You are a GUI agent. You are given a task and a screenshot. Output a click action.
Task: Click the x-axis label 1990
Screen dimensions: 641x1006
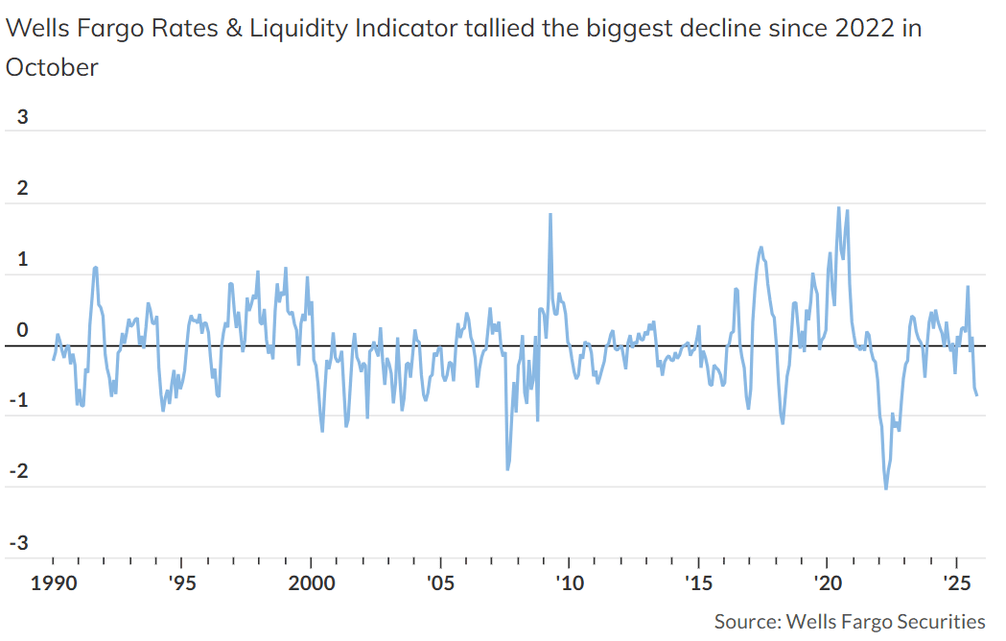click(x=53, y=583)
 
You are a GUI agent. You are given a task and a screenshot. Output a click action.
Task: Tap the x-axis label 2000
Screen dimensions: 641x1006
click(x=311, y=583)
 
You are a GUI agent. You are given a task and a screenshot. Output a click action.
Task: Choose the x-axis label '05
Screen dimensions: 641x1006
click(x=440, y=583)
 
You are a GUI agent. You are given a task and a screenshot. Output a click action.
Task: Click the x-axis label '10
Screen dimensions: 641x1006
click(x=570, y=583)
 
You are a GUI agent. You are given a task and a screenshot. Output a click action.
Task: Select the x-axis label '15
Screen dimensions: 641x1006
click(x=699, y=583)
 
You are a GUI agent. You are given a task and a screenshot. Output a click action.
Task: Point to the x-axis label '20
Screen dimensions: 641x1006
click(x=828, y=583)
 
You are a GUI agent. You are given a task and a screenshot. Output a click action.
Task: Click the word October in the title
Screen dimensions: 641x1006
click(x=52, y=67)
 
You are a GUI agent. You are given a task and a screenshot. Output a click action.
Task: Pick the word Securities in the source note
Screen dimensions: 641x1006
click(x=937, y=621)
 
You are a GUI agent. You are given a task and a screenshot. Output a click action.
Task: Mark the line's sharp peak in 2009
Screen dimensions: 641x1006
click(x=550, y=214)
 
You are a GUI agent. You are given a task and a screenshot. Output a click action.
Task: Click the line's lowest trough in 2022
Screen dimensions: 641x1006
click(x=885, y=488)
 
